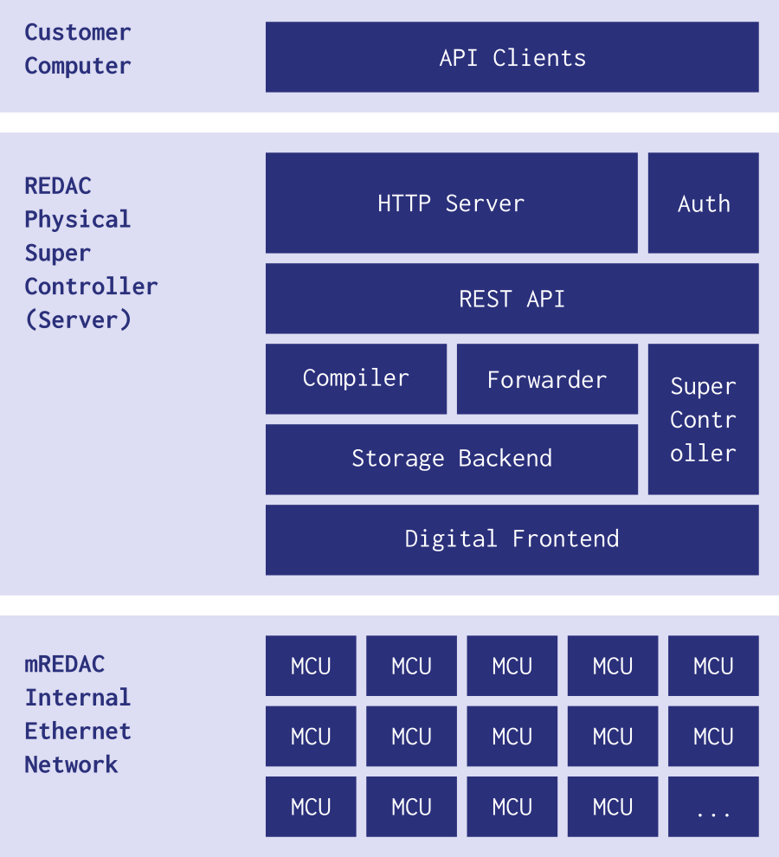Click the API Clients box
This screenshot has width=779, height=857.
coord(512,57)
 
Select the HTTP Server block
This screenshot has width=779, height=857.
coord(451,203)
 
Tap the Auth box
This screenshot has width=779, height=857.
coord(703,203)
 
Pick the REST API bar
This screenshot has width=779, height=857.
coord(512,299)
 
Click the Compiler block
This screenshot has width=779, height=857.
coord(356,378)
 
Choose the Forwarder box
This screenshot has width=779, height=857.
coord(547,379)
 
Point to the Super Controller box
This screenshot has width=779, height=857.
coord(703,419)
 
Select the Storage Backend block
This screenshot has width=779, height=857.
coord(451,459)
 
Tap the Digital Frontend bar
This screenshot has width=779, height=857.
coord(512,538)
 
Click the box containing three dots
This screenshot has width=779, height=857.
coord(713,806)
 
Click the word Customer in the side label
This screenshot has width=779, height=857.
coord(78,32)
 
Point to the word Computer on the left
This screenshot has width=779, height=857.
coord(78,66)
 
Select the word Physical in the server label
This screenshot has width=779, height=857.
coord(78,219)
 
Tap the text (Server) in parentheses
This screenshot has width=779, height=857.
coord(78,319)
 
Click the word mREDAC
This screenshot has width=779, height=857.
coord(65,664)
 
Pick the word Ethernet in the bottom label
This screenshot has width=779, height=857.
coord(78,731)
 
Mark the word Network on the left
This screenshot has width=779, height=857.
coord(71,764)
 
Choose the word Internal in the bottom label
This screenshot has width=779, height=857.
coord(78,698)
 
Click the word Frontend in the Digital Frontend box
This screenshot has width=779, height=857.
coord(565,538)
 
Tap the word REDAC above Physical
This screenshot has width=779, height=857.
coord(58,185)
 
